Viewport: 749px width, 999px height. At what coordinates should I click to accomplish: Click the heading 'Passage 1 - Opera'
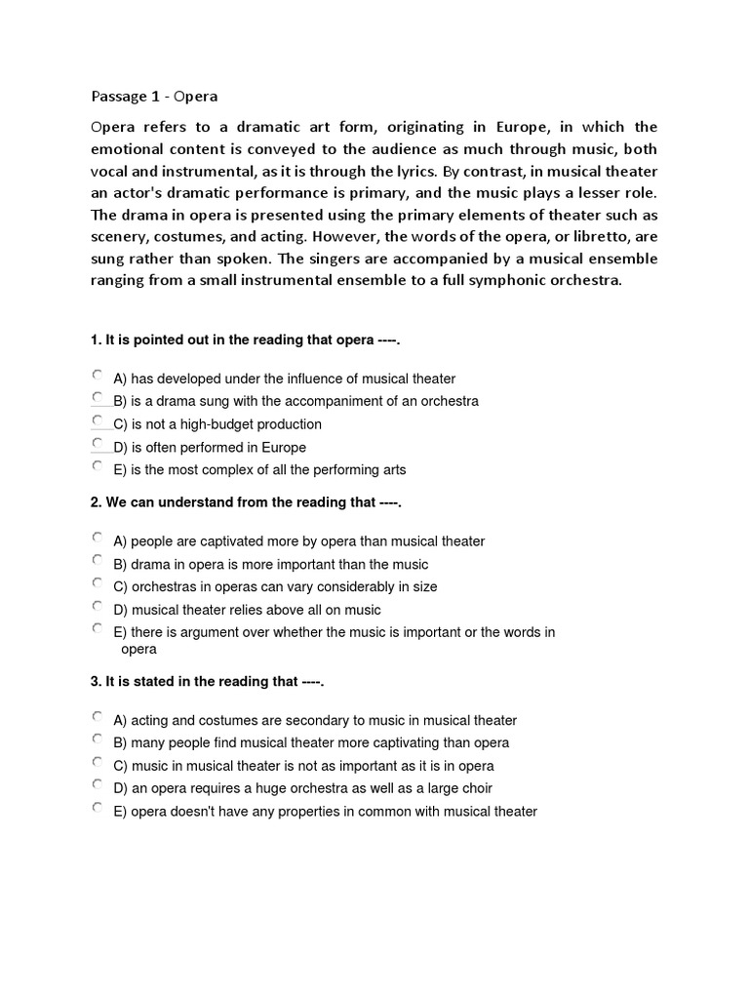click(154, 97)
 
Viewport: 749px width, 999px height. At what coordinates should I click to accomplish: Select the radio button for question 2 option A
click(97, 538)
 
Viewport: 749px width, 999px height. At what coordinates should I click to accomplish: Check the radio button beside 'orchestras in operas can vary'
click(97, 583)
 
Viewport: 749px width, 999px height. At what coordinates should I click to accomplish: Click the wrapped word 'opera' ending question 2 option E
click(138, 649)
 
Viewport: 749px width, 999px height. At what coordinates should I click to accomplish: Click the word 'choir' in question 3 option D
click(475, 788)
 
